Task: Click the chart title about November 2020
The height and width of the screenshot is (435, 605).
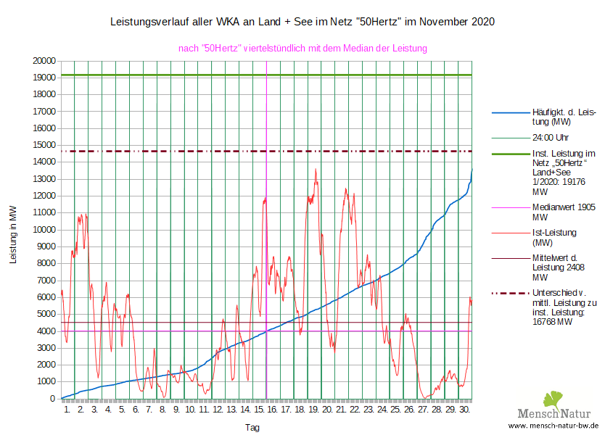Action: click(x=302, y=22)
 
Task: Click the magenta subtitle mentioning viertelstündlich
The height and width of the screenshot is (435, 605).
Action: click(x=302, y=49)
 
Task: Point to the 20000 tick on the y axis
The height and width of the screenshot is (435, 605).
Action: click(x=45, y=61)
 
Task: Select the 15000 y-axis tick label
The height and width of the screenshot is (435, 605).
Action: click(x=45, y=145)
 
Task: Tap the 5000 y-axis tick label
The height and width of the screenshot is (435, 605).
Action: click(x=47, y=314)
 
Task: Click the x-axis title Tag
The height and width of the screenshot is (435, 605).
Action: click(x=252, y=428)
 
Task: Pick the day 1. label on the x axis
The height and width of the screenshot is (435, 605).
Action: click(x=67, y=410)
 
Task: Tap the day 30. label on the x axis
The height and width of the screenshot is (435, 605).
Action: click(x=465, y=410)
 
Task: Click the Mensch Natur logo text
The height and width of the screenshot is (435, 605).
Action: click(x=553, y=414)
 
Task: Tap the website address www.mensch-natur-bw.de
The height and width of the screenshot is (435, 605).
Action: click(x=553, y=426)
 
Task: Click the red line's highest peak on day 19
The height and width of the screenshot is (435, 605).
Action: click(x=316, y=170)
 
